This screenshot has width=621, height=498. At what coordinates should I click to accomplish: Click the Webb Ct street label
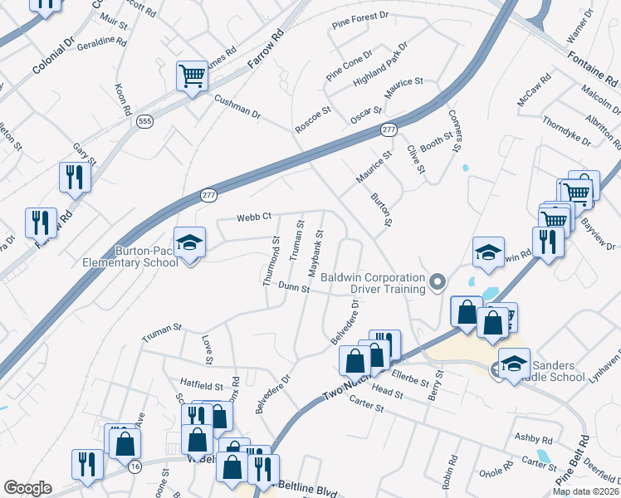(x=254, y=217)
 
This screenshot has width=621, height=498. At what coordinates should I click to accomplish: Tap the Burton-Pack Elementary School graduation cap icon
(x=190, y=243)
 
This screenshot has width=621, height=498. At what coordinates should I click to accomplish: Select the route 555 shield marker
(x=145, y=121)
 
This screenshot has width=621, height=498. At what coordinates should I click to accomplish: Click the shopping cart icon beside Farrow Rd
(x=192, y=77)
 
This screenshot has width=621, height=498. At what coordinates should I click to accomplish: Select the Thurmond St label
(x=271, y=261)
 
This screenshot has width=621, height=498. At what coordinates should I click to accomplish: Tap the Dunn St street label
(x=294, y=288)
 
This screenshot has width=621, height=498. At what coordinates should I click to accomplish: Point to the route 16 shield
(x=135, y=467)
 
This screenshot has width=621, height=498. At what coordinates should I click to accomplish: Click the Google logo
(x=27, y=488)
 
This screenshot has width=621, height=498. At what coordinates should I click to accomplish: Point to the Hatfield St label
(x=202, y=386)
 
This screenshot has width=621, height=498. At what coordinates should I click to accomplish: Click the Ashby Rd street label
(x=533, y=437)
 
